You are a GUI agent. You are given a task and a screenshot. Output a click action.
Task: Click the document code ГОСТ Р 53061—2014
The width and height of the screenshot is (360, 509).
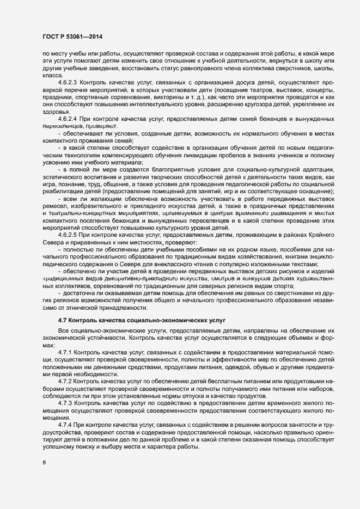click(x=72, y=36)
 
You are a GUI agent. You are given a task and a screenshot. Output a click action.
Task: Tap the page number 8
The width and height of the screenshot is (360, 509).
click(x=44, y=463)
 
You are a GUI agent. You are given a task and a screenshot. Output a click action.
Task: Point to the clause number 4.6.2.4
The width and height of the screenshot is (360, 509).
click(x=69, y=118)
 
